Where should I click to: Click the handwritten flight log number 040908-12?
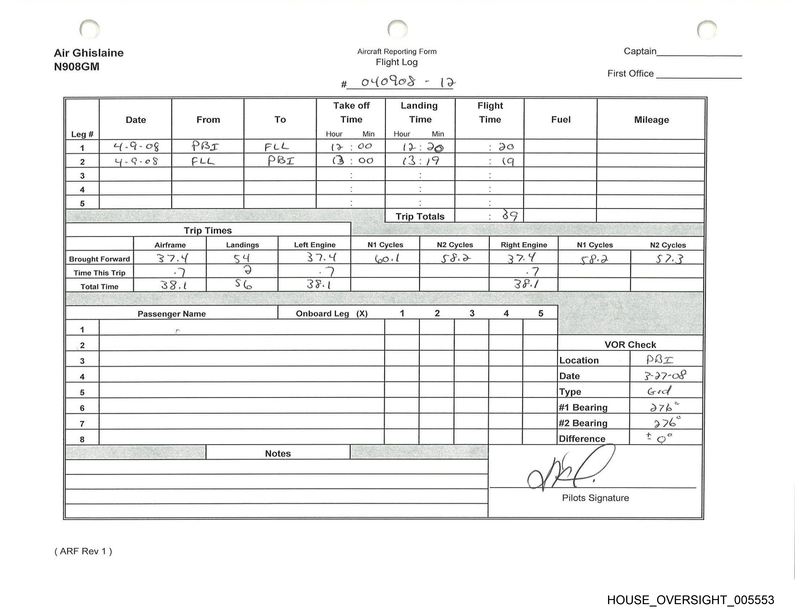point(408,82)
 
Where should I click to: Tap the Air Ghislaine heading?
point(89,53)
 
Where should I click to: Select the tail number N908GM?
point(76,67)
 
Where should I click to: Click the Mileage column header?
point(651,120)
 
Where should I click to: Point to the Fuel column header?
point(561,120)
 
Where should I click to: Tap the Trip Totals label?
point(420,216)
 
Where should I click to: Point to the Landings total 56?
point(243,284)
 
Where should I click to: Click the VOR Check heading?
point(630,345)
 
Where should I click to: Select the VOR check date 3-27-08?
point(665,375)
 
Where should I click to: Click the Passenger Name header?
point(172,314)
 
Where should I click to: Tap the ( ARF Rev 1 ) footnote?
point(83,551)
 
